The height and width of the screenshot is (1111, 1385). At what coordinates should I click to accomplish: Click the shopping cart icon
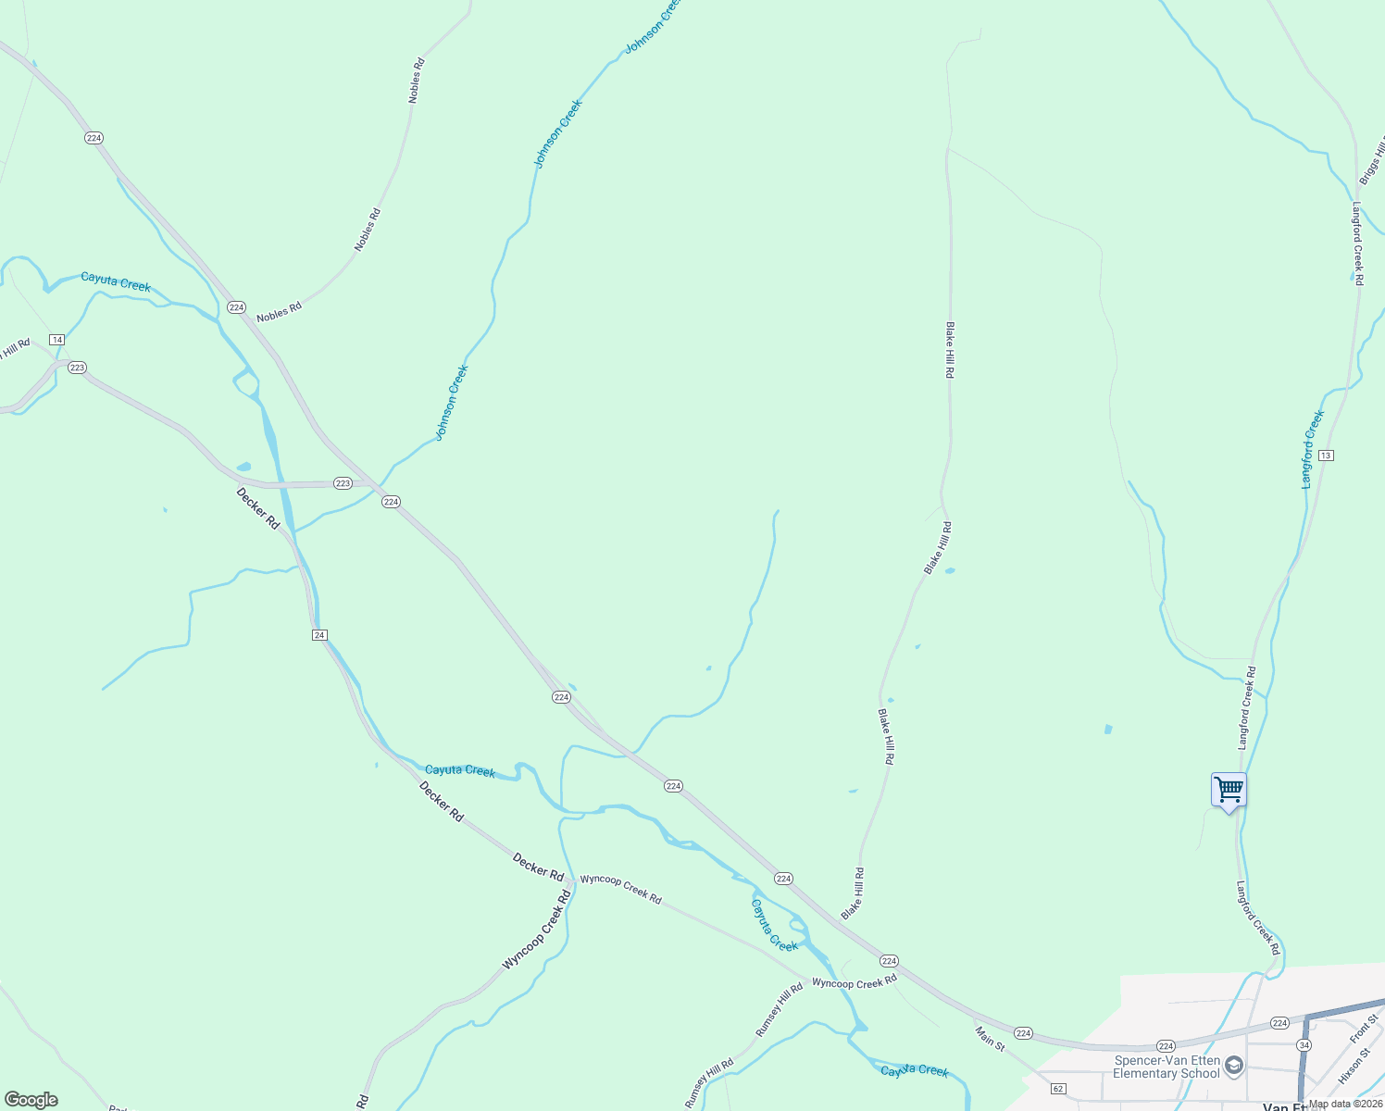(x=1229, y=791)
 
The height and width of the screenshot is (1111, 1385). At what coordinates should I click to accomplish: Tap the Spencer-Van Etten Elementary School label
(x=1167, y=1067)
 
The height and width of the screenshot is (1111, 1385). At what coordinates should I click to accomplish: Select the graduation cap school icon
(x=1233, y=1067)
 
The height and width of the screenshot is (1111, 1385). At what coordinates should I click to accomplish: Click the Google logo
(x=31, y=1100)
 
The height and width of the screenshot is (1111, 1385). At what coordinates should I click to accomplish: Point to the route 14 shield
(x=57, y=340)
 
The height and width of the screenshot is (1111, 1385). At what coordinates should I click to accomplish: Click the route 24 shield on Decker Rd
(x=319, y=635)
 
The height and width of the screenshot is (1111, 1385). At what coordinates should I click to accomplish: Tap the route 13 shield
(x=1327, y=456)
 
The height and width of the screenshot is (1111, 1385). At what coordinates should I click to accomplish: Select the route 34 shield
(x=1304, y=1044)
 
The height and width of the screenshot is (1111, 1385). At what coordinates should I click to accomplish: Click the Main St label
(x=990, y=1037)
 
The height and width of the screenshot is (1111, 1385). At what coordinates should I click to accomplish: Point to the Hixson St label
(x=1354, y=1066)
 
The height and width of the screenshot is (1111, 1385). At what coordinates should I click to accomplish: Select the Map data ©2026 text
(x=1345, y=1104)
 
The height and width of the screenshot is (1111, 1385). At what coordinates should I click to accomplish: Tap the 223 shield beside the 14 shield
(x=77, y=368)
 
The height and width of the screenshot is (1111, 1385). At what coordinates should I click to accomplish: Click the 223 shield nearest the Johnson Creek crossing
(x=343, y=483)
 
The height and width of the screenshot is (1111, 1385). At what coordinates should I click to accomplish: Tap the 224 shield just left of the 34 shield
(x=1279, y=1022)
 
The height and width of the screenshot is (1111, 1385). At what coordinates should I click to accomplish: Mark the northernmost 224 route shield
(x=94, y=138)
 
